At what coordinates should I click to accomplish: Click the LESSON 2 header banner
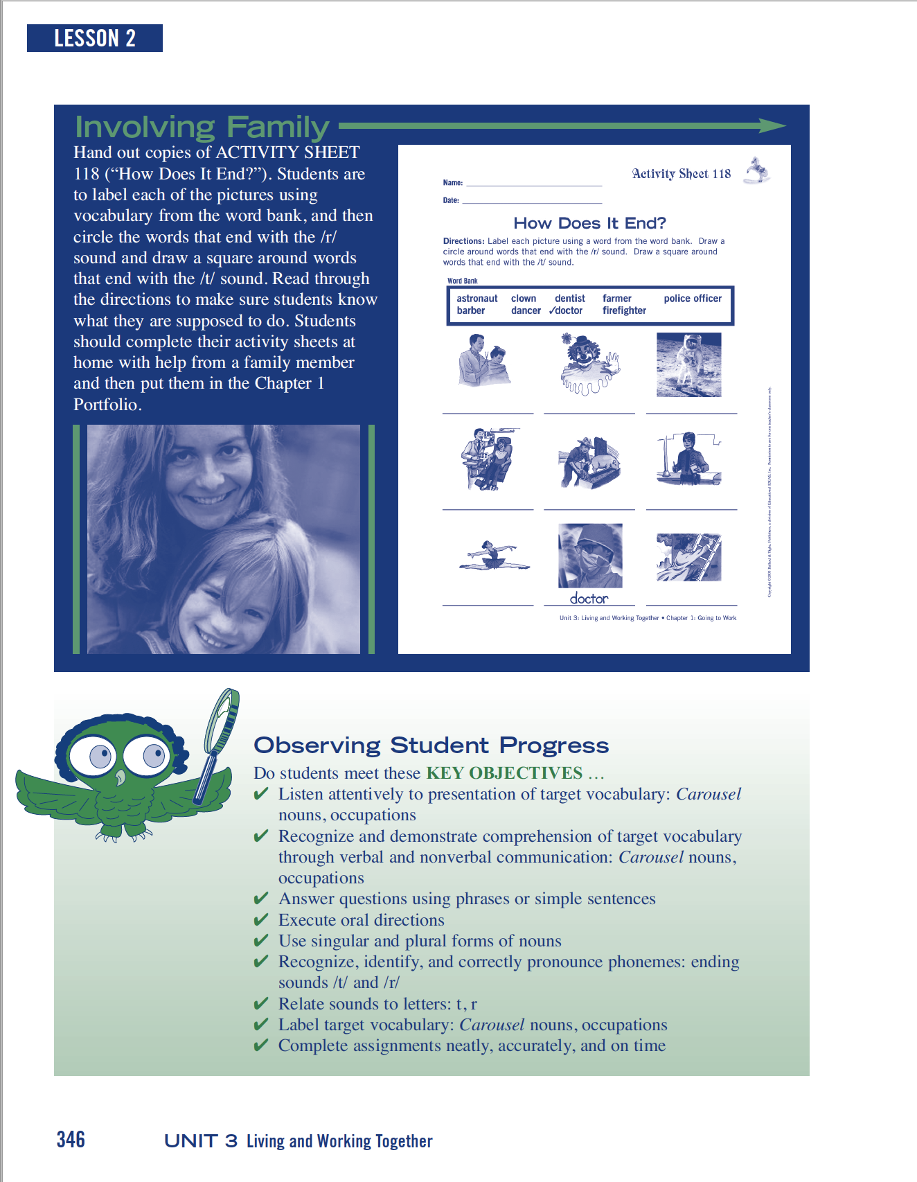[x=95, y=38]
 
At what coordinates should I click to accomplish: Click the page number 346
[x=71, y=1139]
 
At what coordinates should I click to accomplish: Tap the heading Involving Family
[x=202, y=127]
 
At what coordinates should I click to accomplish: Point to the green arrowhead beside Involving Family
[x=772, y=125]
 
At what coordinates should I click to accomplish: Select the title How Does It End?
[x=589, y=223]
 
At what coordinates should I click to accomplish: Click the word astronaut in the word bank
[x=477, y=299]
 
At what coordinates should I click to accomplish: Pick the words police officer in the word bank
[x=693, y=299]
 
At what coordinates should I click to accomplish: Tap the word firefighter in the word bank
[x=624, y=310]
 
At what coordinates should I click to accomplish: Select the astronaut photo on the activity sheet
[x=688, y=364]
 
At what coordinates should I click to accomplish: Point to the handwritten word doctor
[x=589, y=598]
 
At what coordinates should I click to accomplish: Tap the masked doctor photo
[x=590, y=555]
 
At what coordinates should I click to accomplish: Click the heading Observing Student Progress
[x=431, y=746]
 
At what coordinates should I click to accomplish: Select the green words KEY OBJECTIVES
[x=504, y=773]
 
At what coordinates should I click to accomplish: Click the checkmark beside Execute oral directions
[x=261, y=920]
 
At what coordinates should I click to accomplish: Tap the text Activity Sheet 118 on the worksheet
[x=681, y=174]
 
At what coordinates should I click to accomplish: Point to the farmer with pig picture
[x=589, y=462]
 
